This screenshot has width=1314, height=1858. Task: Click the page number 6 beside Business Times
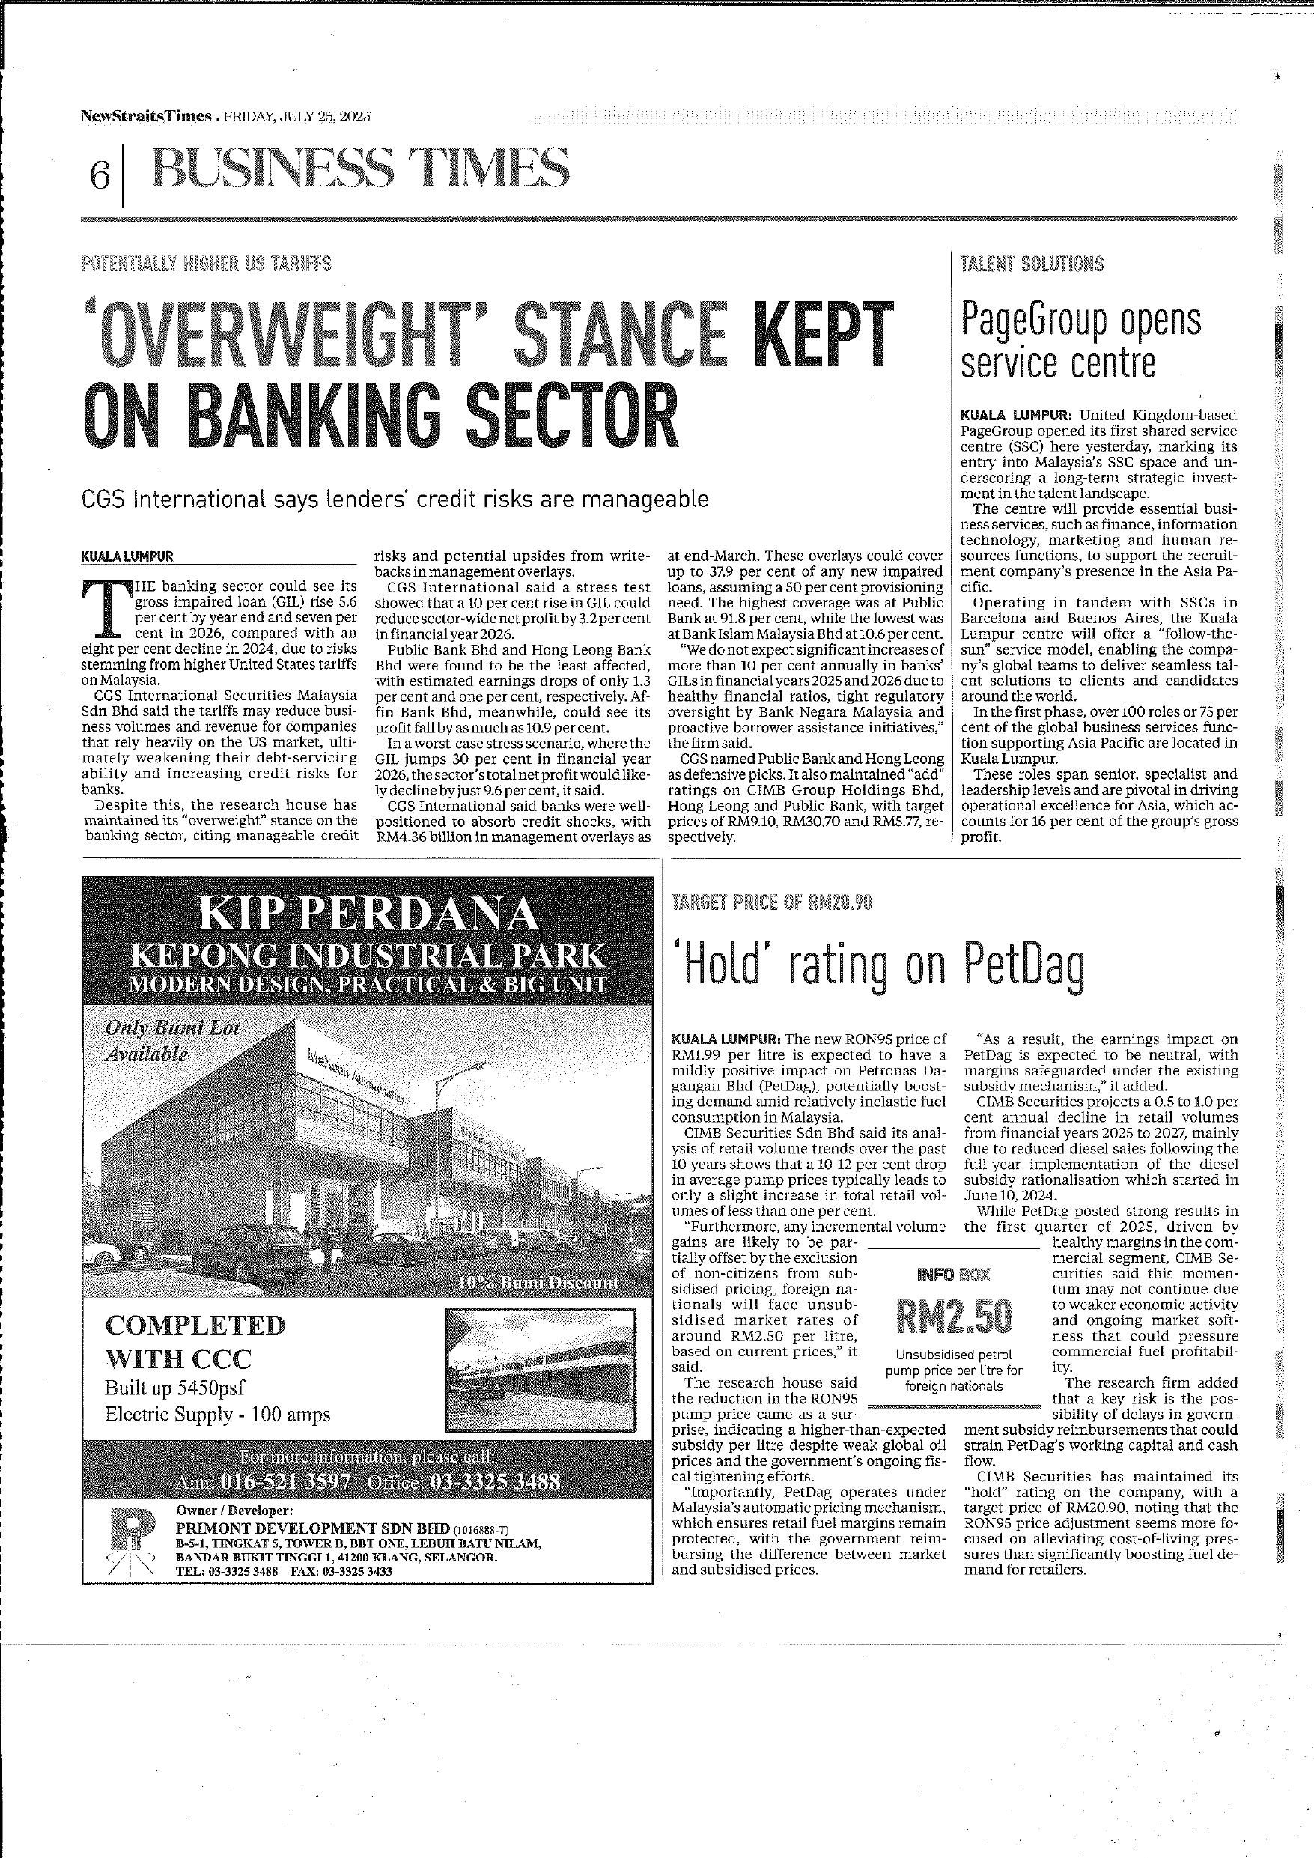point(100,174)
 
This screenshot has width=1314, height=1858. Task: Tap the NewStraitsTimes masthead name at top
point(146,116)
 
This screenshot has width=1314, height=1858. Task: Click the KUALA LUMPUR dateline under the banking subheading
point(127,556)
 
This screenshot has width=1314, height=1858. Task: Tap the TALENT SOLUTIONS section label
point(1032,264)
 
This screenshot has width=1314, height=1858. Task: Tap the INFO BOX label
point(953,1275)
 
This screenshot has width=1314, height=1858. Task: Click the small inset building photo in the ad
point(541,1370)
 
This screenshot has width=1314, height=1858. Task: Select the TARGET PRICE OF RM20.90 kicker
point(772,903)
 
